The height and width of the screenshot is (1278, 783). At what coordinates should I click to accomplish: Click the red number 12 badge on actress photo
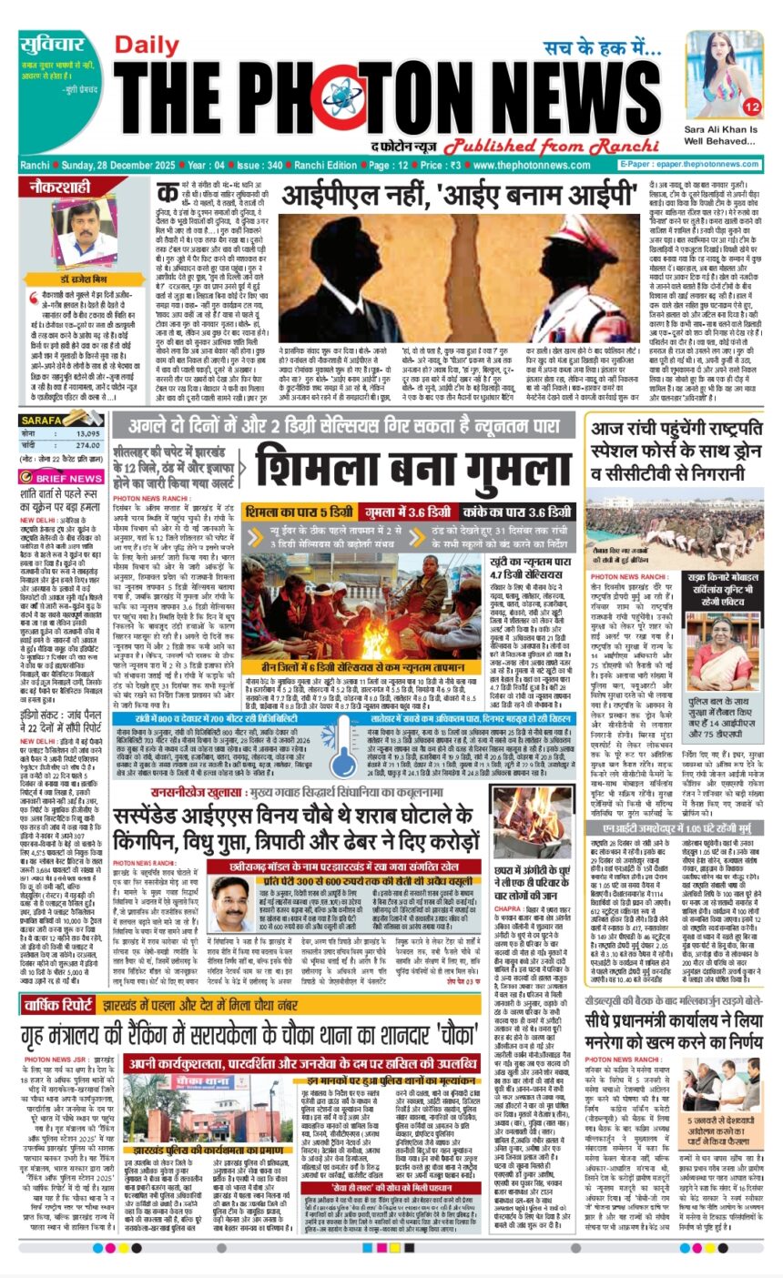click(x=752, y=106)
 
